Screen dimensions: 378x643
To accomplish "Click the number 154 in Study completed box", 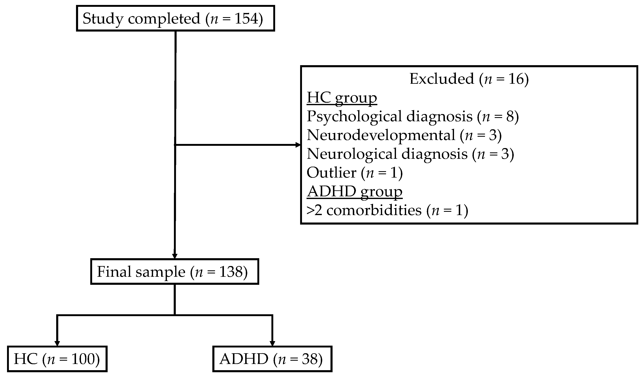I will (246, 19).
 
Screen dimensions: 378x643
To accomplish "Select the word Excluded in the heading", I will (442, 79).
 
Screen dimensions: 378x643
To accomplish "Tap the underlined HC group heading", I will (342, 98).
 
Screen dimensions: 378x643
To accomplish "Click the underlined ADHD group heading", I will (354, 191).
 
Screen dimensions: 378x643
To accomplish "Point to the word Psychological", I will (354, 116).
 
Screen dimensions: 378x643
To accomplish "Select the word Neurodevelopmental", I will (381, 135).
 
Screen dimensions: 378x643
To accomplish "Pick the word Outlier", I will (331, 173).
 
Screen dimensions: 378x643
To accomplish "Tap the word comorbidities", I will (374, 210).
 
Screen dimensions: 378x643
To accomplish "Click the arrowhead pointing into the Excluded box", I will (298, 145).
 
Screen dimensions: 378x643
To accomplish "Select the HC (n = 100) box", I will (57, 359).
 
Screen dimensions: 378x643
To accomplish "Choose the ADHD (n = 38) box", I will (272, 359).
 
